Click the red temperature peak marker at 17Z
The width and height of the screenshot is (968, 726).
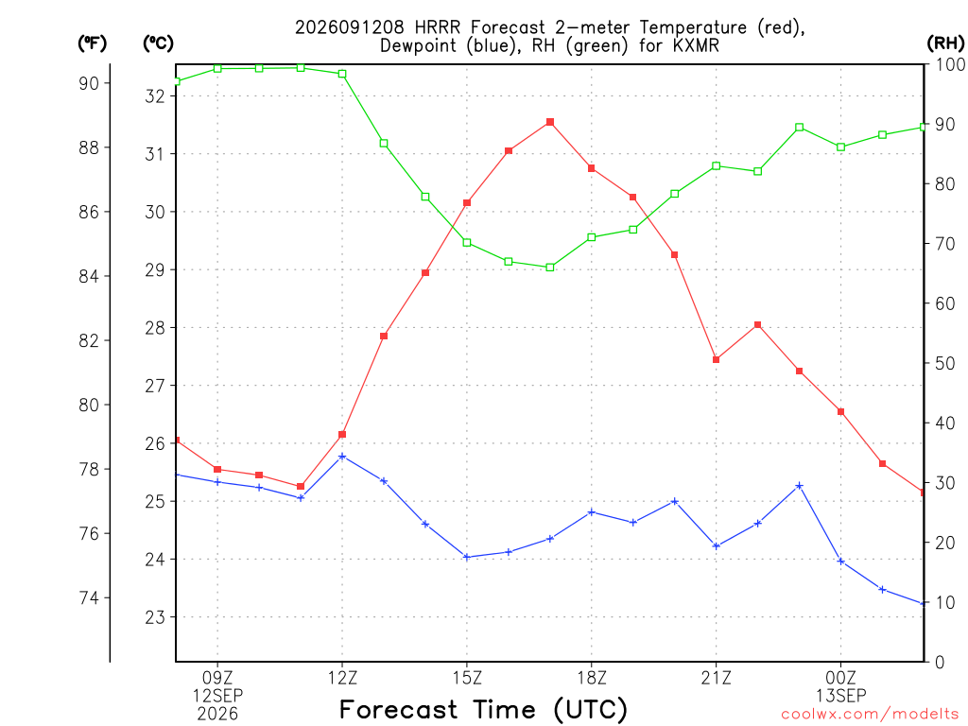click(x=550, y=122)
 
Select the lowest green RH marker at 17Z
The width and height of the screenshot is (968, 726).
click(x=550, y=268)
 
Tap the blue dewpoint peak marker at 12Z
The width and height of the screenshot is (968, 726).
click(x=342, y=457)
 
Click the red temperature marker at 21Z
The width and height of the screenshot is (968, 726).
click(x=717, y=359)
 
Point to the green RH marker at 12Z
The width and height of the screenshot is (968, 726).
click(x=342, y=74)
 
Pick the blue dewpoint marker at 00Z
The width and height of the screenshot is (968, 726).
click(x=840, y=562)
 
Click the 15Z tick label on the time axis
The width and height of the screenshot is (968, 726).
click(x=467, y=678)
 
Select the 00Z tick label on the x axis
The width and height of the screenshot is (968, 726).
click(x=840, y=678)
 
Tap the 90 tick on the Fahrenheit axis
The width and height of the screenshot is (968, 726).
click(x=89, y=83)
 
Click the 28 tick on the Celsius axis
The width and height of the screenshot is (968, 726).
click(x=155, y=328)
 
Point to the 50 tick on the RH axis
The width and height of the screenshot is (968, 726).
click(x=944, y=363)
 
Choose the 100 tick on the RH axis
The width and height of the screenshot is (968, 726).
click(x=951, y=64)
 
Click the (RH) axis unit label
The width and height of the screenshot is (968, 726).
click(x=945, y=43)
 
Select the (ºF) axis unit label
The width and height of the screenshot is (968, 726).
click(x=92, y=43)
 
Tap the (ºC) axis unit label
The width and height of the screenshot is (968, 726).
click(x=158, y=43)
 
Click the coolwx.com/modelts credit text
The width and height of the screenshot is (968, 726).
click(x=870, y=715)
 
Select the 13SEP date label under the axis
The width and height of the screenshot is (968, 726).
click(x=840, y=696)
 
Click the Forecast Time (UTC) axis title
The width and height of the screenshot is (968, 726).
click(x=483, y=710)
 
